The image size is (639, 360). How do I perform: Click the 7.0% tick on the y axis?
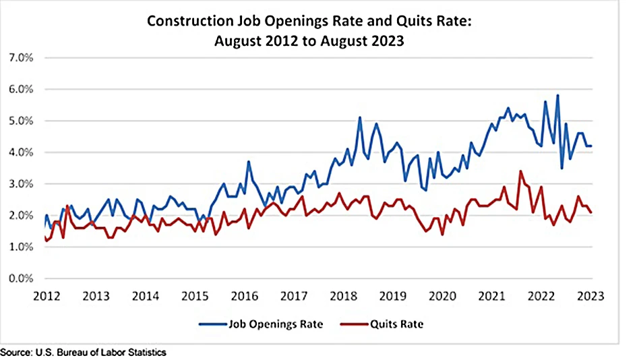[21, 57]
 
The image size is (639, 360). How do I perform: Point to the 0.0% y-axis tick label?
[21, 278]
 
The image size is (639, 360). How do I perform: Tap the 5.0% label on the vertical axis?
[21, 121]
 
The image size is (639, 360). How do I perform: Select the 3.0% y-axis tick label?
[21, 184]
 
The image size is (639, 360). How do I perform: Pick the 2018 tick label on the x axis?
[344, 297]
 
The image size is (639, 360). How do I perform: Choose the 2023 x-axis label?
[592, 297]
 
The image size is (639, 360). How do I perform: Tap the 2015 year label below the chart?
[195, 297]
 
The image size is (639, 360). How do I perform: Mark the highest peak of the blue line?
[557, 95]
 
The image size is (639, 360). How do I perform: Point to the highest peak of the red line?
[520, 171]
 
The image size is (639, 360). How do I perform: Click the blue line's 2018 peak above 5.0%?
[360, 117]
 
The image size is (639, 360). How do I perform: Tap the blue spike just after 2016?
[249, 162]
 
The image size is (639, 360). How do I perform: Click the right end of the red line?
[591, 212]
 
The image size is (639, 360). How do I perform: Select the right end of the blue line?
[591, 146]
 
